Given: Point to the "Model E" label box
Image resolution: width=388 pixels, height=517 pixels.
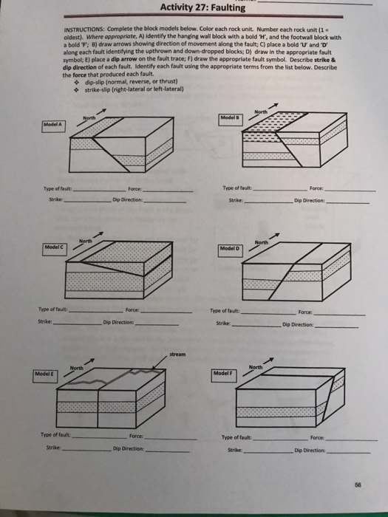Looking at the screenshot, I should [x=47, y=373].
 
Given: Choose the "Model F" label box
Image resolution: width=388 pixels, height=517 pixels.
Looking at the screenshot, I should [x=224, y=373].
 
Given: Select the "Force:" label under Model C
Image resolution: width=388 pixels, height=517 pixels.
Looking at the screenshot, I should [x=133, y=310].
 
